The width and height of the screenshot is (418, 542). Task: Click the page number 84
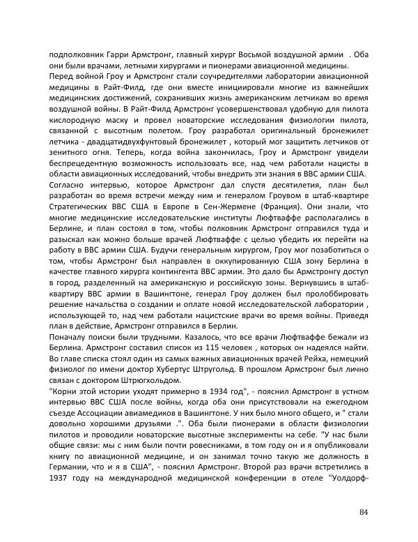pos(364,513)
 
